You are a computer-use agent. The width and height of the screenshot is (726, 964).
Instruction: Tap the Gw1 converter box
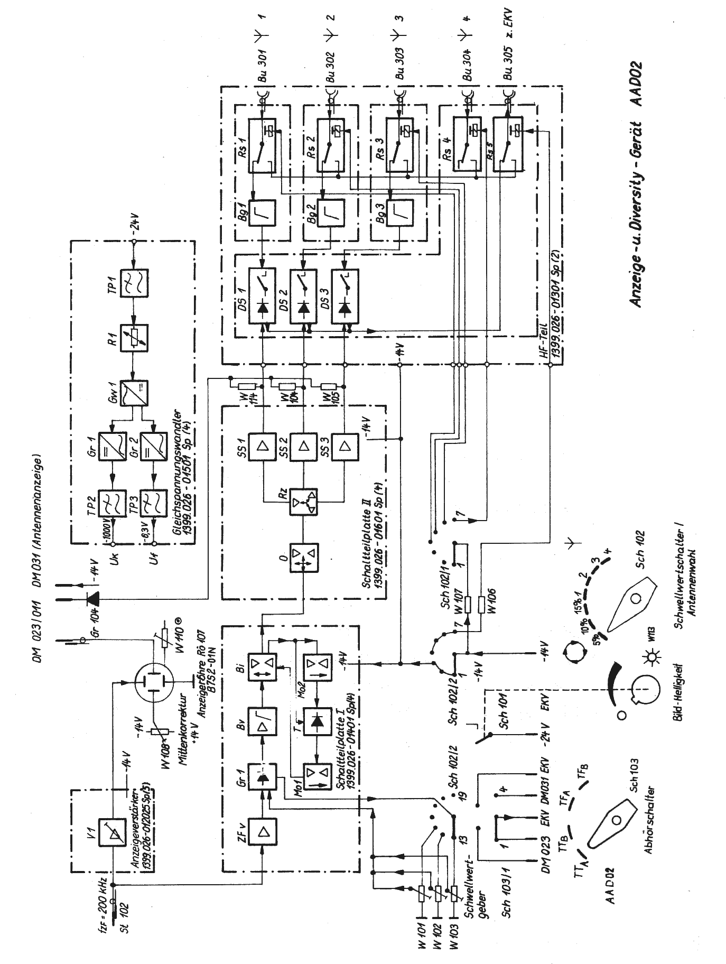click(134, 393)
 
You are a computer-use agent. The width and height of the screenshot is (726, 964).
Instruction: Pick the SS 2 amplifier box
click(303, 447)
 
